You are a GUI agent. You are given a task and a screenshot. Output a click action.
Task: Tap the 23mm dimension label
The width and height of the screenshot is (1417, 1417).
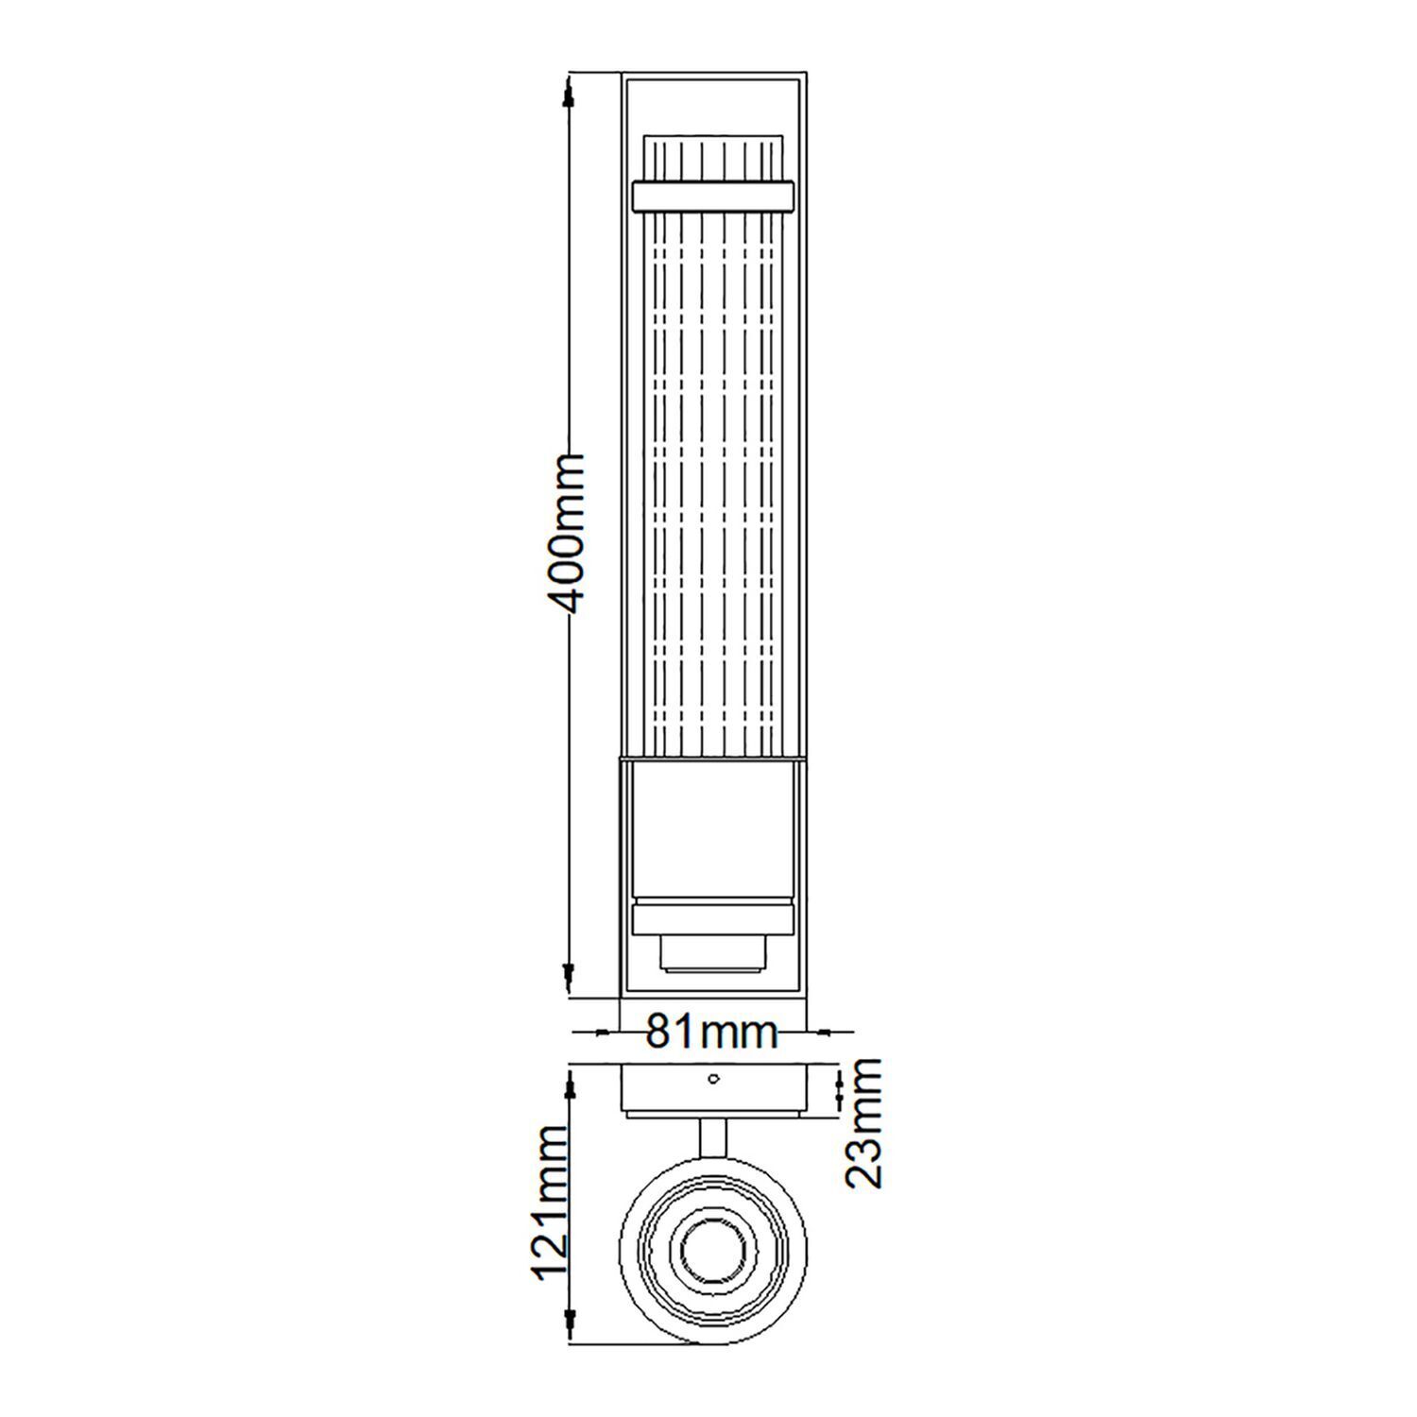click(862, 1122)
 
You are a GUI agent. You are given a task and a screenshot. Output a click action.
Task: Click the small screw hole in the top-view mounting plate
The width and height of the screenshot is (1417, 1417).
click(713, 1078)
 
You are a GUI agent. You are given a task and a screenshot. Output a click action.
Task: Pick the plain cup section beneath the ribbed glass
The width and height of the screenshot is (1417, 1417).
click(712, 831)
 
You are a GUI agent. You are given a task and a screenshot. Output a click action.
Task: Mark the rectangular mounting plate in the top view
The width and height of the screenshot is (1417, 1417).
click(712, 1091)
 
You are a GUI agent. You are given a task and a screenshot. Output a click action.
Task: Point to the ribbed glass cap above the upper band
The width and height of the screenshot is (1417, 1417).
click(712, 157)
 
